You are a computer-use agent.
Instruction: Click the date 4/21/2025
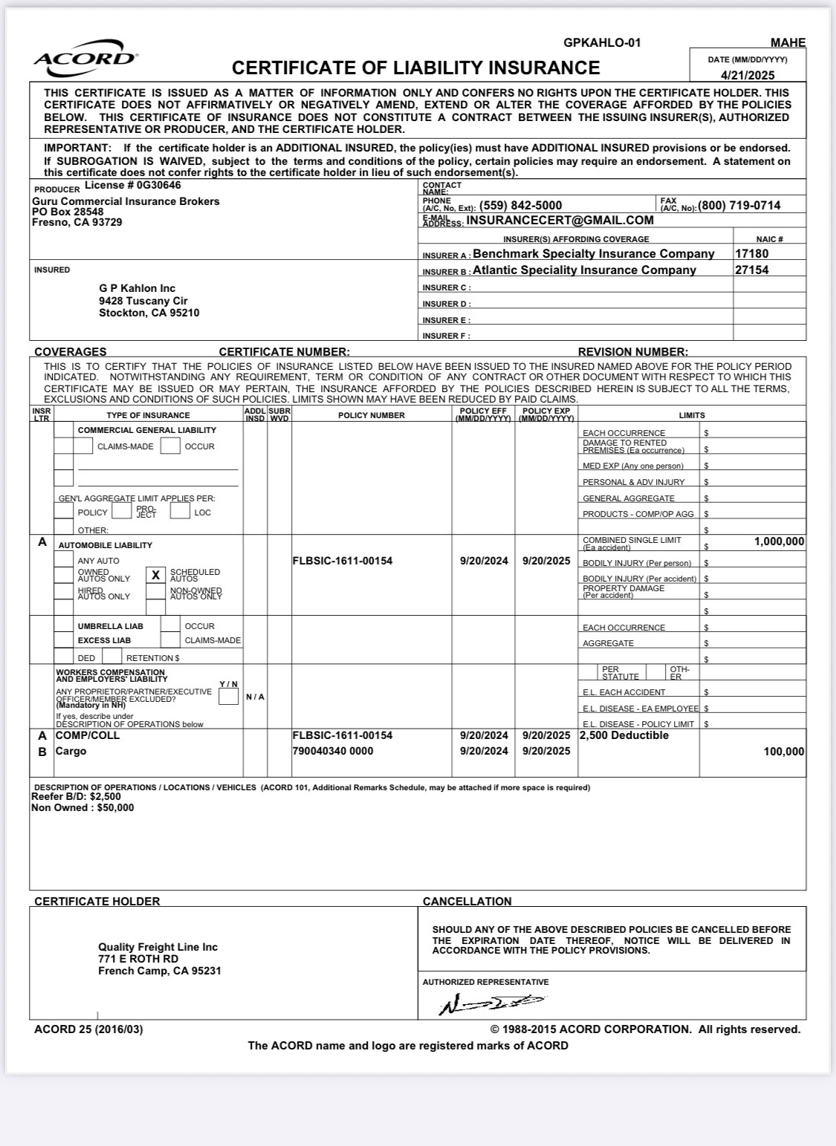(x=747, y=75)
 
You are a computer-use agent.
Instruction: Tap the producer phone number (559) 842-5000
(x=521, y=206)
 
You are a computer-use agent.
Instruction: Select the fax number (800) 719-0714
(x=739, y=206)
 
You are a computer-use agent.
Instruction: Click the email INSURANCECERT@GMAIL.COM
(x=560, y=221)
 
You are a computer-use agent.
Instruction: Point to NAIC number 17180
(x=752, y=254)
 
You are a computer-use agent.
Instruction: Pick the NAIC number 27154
(x=752, y=270)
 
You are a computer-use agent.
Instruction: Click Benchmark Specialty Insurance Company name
(x=594, y=254)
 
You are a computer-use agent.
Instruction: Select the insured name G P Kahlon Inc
(x=137, y=288)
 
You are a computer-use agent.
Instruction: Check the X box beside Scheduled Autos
(x=155, y=575)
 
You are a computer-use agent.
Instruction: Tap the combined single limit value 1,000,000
(x=779, y=541)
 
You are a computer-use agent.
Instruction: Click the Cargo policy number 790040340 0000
(x=333, y=752)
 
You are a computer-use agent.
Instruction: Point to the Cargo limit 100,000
(x=784, y=752)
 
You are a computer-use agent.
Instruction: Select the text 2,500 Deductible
(x=624, y=735)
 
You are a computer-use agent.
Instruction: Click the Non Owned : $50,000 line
(x=82, y=808)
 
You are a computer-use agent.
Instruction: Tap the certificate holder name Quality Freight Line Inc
(x=158, y=947)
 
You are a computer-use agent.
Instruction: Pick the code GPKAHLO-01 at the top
(x=602, y=43)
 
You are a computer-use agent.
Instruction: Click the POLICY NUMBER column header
(x=372, y=415)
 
